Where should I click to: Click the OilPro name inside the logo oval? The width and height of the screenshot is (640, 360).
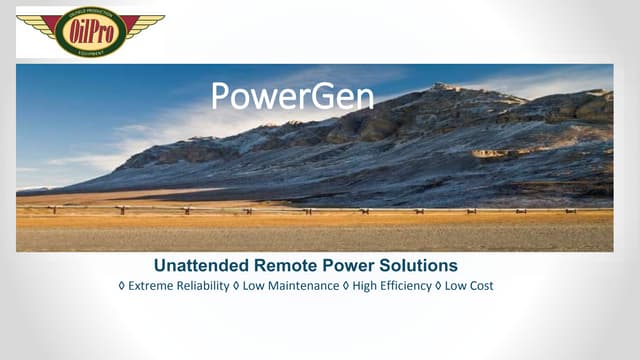pos(90,30)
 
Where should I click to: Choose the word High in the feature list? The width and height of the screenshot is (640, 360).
pos(367,286)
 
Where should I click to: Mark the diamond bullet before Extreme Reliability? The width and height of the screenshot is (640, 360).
pos(122,286)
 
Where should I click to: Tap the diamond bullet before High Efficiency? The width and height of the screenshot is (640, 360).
pos(346,286)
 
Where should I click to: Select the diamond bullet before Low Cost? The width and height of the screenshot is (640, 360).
pos(438,286)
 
